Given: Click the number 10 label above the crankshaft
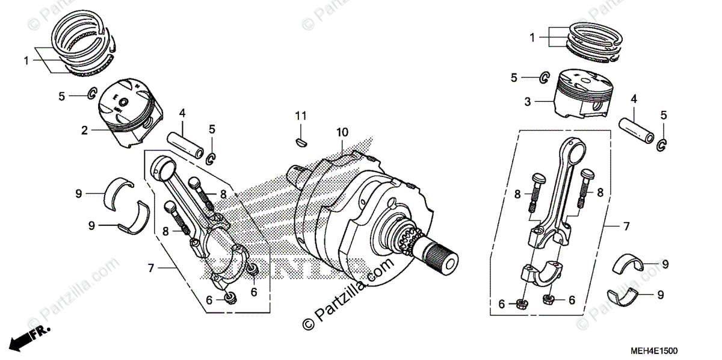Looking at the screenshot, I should click(342, 132).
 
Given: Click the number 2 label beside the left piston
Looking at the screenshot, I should click(85, 130).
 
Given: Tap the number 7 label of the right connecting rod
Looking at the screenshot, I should click(625, 227).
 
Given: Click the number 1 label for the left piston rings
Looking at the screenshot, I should click(26, 60).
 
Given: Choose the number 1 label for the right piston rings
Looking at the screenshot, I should click(532, 37).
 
